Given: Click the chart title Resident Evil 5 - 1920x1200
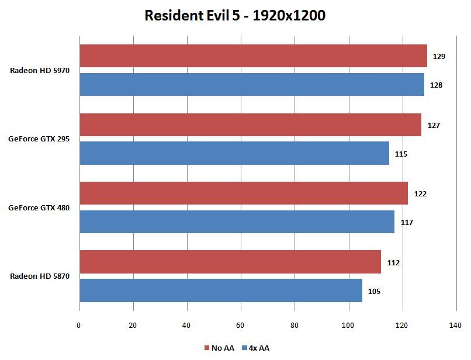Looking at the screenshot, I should (x=235, y=16).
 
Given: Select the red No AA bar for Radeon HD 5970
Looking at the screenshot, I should (x=253, y=56).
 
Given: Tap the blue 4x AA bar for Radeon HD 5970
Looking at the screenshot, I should (x=251, y=85).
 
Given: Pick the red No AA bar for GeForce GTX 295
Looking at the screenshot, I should (x=250, y=125).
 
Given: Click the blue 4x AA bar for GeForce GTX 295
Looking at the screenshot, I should (x=234, y=153).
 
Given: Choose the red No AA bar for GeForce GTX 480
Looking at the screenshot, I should (x=243, y=193).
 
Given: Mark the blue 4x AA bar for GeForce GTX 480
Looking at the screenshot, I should (x=237, y=222).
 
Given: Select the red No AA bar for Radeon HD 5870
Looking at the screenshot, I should (x=230, y=262).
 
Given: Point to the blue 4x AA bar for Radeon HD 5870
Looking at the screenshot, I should (x=220, y=290).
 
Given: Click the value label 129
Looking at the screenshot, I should (x=439, y=57).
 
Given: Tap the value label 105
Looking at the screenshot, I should (x=374, y=291).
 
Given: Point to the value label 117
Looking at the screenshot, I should (x=407, y=222).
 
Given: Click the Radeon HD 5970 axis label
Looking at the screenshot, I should (x=40, y=71).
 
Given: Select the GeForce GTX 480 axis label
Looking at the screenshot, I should (x=39, y=207).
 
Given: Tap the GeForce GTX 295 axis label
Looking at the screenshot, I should (x=39, y=139).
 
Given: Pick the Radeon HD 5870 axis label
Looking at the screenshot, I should (x=40, y=276).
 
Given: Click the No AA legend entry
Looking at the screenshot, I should (x=219, y=348).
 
